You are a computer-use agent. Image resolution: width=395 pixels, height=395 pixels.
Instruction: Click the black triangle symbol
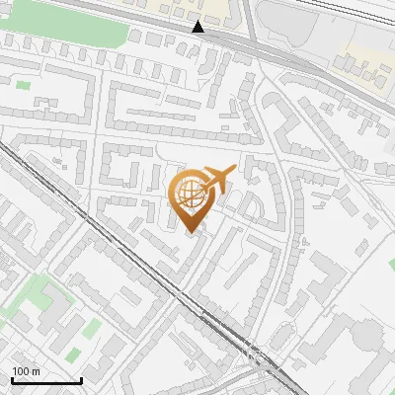[x=199, y=27]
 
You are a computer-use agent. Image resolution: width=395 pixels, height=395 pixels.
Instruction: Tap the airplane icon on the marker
[x=217, y=179]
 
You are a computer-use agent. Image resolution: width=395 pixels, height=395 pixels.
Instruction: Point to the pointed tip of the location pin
[x=191, y=234]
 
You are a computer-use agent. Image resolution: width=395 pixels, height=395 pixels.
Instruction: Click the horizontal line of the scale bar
[x=46, y=381]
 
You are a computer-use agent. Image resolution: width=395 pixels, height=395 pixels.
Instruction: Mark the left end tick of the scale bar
[x=12, y=379]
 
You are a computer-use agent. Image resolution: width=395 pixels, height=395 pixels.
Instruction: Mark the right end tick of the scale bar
[x=81, y=379]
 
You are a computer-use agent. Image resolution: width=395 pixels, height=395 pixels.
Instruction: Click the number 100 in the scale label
[x=21, y=371]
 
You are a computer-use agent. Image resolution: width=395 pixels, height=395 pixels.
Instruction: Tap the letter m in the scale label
[x=37, y=371]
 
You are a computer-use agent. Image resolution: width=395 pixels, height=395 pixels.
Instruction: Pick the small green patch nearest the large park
[x=23, y=86]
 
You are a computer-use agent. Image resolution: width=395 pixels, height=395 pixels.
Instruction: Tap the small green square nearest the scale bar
[x=74, y=353]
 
